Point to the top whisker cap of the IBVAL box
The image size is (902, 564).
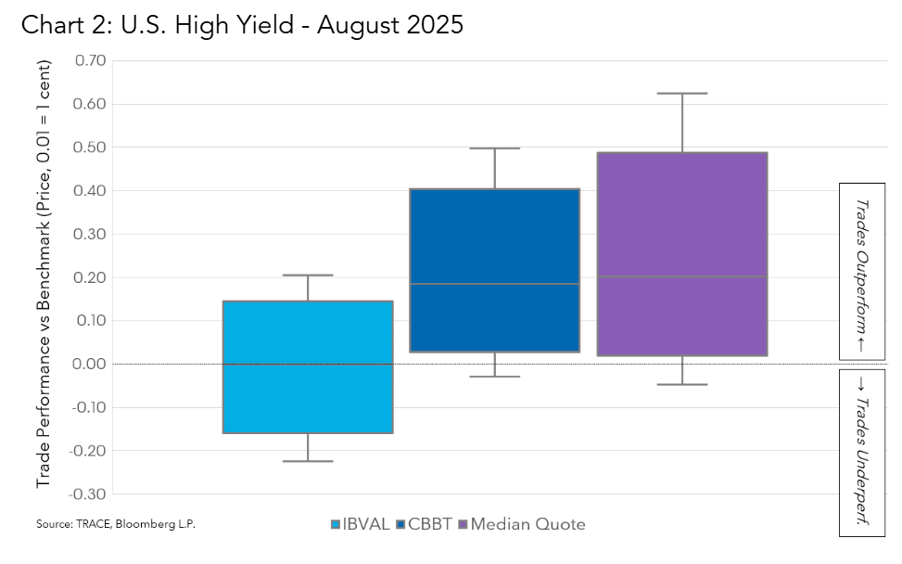[x=308, y=276]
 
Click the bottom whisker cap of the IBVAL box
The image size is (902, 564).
[x=308, y=461]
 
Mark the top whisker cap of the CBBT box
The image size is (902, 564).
[x=494, y=148]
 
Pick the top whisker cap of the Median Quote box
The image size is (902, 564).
[x=681, y=94]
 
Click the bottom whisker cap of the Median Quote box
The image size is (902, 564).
[x=681, y=384]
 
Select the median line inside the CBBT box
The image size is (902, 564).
[x=494, y=284]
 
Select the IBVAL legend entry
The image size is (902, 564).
[x=362, y=524]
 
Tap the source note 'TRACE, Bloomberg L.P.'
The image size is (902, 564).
[x=116, y=524]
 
